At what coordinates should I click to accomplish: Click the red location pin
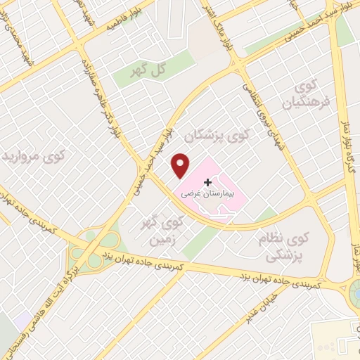point(181,165)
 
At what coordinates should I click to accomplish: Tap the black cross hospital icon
point(207,181)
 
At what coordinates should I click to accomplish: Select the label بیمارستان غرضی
point(207,192)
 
